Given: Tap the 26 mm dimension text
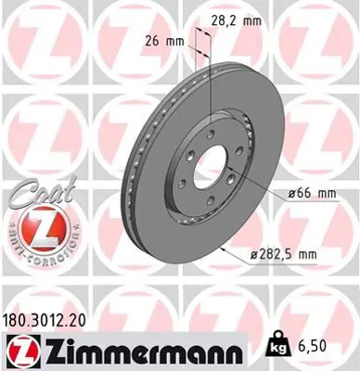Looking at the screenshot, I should tap(162, 41).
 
